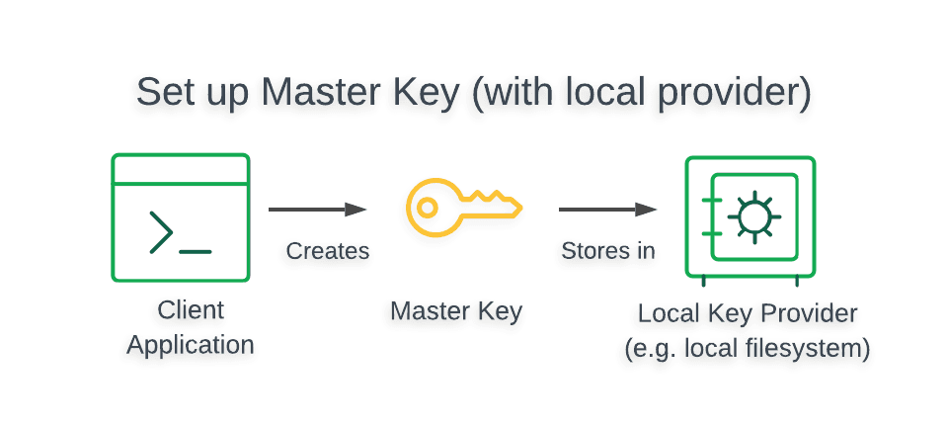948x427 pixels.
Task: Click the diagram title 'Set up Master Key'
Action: (296, 93)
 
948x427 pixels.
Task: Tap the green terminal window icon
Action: (180, 217)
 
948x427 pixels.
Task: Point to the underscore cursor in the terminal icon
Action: (196, 251)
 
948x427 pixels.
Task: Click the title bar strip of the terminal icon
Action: (180, 170)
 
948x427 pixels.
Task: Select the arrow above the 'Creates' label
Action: (317, 210)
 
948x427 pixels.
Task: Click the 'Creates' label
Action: (328, 251)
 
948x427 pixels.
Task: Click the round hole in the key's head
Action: (427, 208)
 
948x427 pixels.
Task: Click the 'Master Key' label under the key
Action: (456, 311)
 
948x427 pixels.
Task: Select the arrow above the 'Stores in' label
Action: (607, 210)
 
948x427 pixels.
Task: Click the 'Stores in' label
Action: (608, 251)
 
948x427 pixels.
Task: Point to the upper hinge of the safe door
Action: (709, 201)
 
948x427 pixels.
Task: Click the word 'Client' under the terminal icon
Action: (191, 310)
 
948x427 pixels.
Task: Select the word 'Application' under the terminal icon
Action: (191, 345)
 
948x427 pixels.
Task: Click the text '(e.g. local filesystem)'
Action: (748, 349)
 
